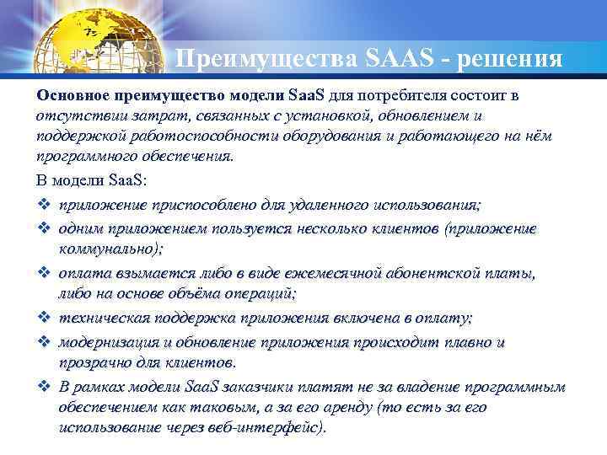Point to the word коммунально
coord(107,249)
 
